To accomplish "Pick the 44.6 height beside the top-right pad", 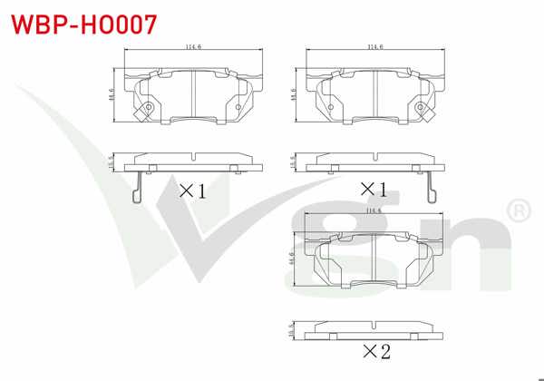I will tap(293, 95).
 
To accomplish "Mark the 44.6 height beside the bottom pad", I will tap(293, 259).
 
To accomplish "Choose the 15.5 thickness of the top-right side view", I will tap(293, 162).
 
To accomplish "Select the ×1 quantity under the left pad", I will tap(192, 190).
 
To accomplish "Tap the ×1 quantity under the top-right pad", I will tap(374, 190).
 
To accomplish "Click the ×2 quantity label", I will tap(375, 350).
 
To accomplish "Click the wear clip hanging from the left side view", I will tap(136, 188).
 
